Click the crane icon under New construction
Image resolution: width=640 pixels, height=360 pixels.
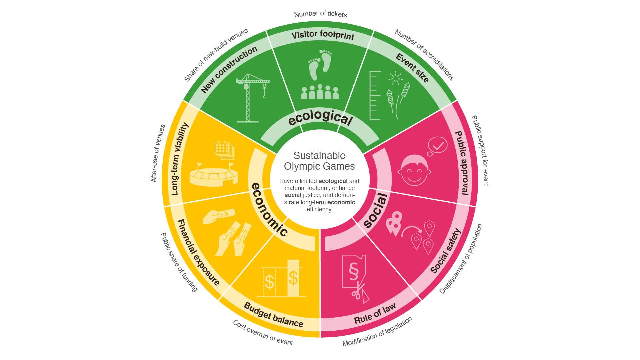pyautogui.click(x=251, y=97)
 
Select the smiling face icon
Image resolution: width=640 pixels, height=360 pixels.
pyautogui.click(x=414, y=170)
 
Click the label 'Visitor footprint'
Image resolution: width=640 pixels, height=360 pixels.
pyautogui.click(x=322, y=35)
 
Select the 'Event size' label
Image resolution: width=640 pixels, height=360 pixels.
pyautogui.click(x=412, y=68)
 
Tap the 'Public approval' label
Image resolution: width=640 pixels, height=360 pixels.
pyautogui.click(x=463, y=163)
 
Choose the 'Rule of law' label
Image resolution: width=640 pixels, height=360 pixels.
pyautogui.click(x=375, y=314)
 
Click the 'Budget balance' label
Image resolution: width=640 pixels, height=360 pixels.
pyautogui.click(x=273, y=315)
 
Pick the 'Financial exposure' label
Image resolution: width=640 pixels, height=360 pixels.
pyautogui.click(x=198, y=252)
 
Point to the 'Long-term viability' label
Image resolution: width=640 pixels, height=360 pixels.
pyautogui.click(x=179, y=159)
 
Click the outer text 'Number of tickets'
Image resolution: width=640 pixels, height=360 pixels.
pyautogui.click(x=320, y=14)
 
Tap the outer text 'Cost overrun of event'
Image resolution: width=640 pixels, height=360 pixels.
pyautogui.click(x=263, y=333)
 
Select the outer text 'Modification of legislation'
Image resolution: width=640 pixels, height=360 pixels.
pyautogui.click(x=377, y=332)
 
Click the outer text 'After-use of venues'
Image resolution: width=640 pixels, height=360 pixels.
pyautogui.click(x=158, y=153)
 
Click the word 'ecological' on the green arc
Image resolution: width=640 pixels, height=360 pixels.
pyautogui.click(x=320, y=117)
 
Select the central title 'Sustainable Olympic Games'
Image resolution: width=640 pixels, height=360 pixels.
pyautogui.click(x=319, y=161)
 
